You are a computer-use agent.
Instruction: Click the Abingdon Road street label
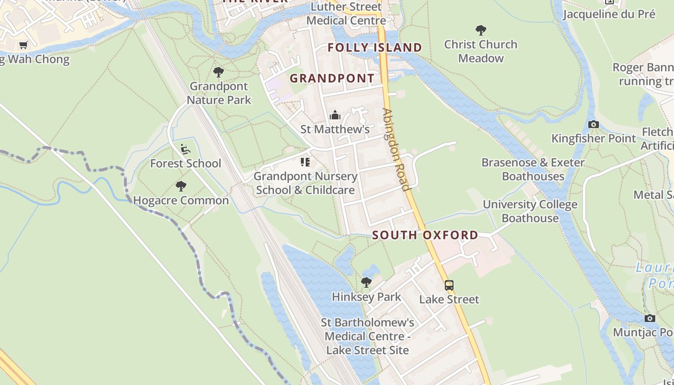click(x=396, y=149)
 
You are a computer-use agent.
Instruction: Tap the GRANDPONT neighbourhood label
click(x=332, y=78)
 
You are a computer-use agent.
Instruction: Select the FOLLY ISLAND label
click(x=375, y=47)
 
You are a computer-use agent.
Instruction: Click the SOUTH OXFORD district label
click(x=425, y=235)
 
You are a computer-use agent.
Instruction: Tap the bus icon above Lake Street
click(x=449, y=285)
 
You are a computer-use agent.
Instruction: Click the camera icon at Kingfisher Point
click(x=593, y=125)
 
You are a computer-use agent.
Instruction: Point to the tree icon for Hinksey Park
click(x=366, y=282)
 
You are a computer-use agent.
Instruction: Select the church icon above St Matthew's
click(x=335, y=115)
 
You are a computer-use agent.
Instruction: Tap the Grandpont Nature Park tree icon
click(x=219, y=73)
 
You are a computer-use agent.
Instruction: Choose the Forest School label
click(x=185, y=164)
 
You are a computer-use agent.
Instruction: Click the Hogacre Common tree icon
click(x=181, y=186)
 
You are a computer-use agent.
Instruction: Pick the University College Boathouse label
click(x=530, y=211)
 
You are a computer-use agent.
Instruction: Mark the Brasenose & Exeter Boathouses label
click(x=533, y=169)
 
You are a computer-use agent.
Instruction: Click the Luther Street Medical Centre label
click(x=346, y=13)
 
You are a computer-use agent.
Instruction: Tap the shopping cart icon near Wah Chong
click(x=23, y=45)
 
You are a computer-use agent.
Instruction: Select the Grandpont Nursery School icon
click(x=305, y=162)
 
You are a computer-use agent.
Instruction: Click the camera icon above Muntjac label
click(x=649, y=319)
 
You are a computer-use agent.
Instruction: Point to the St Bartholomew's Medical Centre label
click(x=368, y=336)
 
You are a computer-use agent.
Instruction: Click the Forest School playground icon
click(x=185, y=149)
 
